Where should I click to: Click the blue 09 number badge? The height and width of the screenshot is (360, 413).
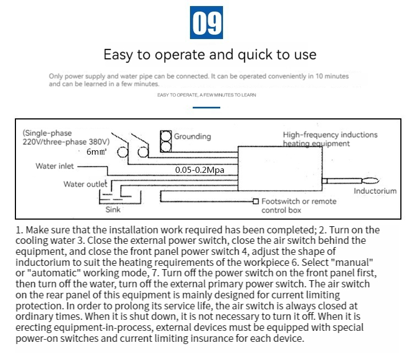pyautogui.click(x=206, y=23)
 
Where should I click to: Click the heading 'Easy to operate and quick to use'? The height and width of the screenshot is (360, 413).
pyautogui.click(x=210, y=54)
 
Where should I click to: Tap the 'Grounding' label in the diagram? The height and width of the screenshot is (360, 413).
pyautogui.click(x=192, y=137)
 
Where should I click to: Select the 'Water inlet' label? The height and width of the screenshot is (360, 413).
pyautogui.click(x=55, y=166)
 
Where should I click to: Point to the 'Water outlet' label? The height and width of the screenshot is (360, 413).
pyautogui.click(x=85, y=184)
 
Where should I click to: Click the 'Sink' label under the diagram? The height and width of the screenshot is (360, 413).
pyautogui.click(x=112, y=210)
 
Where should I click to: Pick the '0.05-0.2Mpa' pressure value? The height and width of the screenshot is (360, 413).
pyautogui.click(x=200, y=170)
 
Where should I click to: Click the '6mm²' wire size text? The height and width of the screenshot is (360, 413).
pyautogui.click(x=96, y=151)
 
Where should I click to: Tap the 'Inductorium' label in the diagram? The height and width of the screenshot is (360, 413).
pyautogui.click(x=374, y=192)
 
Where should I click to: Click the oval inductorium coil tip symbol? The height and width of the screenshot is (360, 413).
pyautogui.click(x=370, y=180)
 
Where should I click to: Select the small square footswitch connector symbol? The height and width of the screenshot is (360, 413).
pyautogui.click(x=256, y=201)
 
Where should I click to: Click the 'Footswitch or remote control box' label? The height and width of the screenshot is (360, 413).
pyautogui.click(x=298, y=206)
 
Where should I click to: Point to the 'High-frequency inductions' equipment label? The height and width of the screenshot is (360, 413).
pyautogui.click(x=330, y=135)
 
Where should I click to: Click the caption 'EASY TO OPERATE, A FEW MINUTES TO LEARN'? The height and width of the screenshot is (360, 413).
pyautogui.click(x=206, y=95)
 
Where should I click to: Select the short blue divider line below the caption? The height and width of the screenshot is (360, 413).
pyautogui.click(x=206, y=107)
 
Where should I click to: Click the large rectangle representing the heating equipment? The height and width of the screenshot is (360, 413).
pyautogui.click(x=280, y=168)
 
